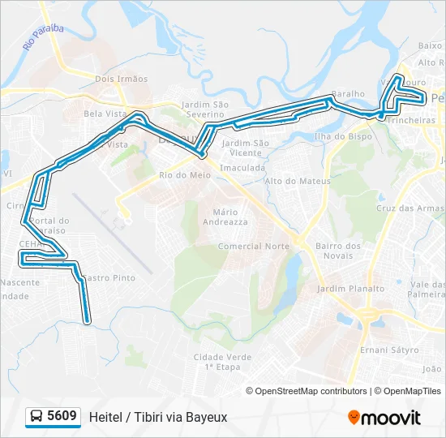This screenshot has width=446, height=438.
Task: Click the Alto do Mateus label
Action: pos(298,181)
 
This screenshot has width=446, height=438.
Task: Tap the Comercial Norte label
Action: pos(254,246)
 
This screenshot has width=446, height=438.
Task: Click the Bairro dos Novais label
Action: pos(338,251)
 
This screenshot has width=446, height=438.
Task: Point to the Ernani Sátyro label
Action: pos(389,350)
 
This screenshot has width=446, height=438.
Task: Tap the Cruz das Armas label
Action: pos(410,208)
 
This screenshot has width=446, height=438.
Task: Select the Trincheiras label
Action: pos(410,120)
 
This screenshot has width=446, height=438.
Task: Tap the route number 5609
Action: pos(62,417)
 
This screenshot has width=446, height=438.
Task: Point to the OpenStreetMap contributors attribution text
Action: pos(311,391)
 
